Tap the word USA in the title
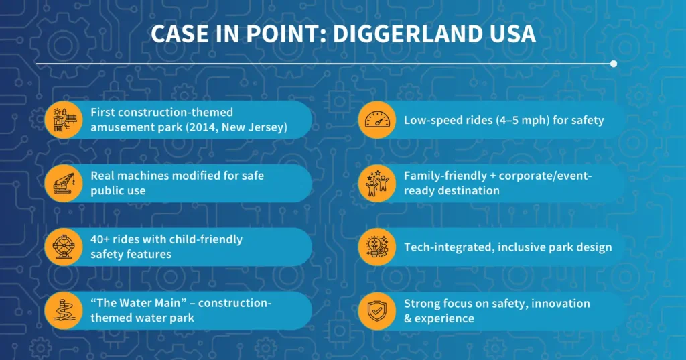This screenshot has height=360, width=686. (x=512, y=34)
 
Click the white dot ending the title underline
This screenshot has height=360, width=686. (x=614, y=64)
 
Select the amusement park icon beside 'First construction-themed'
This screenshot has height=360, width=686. (x=64, y=120)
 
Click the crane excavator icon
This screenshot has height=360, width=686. (x=64, y=183)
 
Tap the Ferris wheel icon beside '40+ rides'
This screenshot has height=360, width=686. (x=64, y=247)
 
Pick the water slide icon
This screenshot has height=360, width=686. (x=64, y=310)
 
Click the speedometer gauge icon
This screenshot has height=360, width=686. (x=377, y=120)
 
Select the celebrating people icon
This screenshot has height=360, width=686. (x=377, y=183)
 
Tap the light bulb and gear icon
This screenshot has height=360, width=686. (x=377, y=247)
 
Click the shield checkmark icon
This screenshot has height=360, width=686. (x=377, y=310)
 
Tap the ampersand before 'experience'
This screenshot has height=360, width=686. (x=409, y=318)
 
